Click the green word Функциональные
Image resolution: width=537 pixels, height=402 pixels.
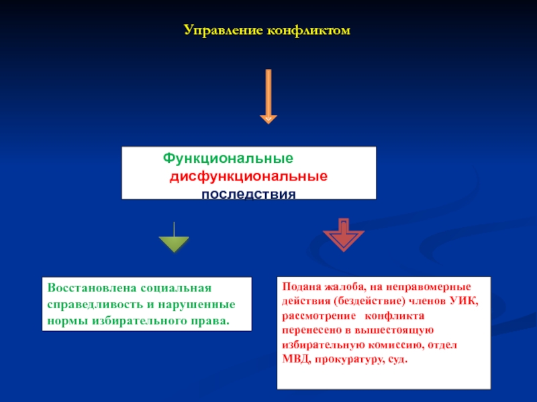(x=228, y=160)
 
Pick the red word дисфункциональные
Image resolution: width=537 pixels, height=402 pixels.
(x=248, y=178)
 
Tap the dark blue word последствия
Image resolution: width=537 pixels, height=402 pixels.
(x=248, y=194)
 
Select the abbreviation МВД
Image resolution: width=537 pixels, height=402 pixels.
(x=293, y=360)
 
